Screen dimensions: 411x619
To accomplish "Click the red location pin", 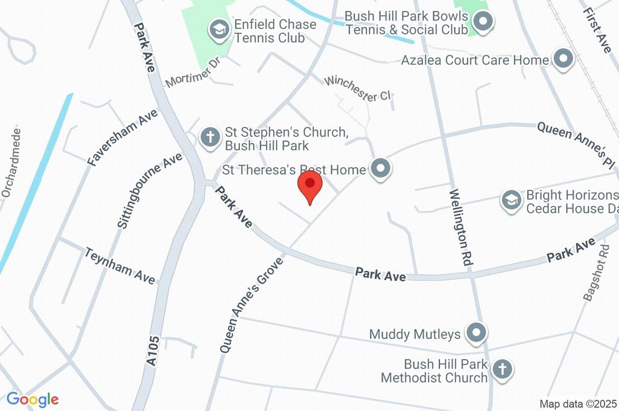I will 310,185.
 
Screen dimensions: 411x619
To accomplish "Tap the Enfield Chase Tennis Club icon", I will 218,28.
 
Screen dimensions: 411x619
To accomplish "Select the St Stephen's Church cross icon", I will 210,137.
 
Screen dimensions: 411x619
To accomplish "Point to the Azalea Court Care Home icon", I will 563,59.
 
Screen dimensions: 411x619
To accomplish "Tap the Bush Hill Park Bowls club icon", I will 482,22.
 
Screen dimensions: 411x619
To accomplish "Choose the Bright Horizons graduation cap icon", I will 511,200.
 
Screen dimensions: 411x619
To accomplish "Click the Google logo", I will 33,399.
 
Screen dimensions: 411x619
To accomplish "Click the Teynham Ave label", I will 120,265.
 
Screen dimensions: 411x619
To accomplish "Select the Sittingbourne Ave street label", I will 149,190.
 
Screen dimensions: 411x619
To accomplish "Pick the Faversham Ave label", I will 122,138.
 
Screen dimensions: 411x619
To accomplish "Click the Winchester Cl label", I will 358,88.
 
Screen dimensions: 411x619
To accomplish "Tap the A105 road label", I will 154,351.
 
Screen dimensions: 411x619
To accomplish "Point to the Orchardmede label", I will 11,162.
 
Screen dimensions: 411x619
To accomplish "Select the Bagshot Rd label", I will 595,273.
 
